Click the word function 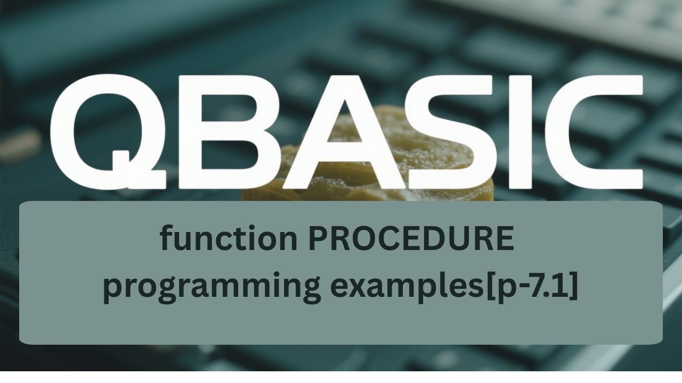coord(229,239)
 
